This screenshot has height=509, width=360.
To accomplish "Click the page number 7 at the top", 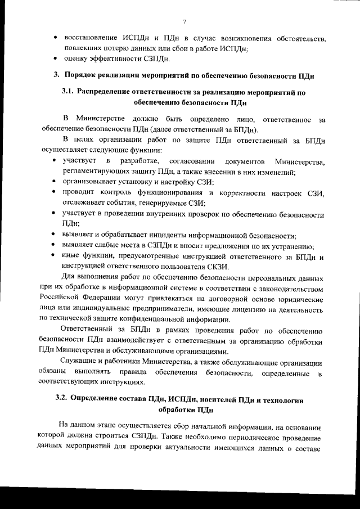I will tap(184, 21).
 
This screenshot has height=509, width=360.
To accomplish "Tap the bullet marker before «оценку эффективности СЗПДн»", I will tap(55, 58).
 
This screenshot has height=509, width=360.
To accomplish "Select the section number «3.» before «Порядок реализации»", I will tap(56, 75).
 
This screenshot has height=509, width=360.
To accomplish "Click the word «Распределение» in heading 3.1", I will tap(107, 92).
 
